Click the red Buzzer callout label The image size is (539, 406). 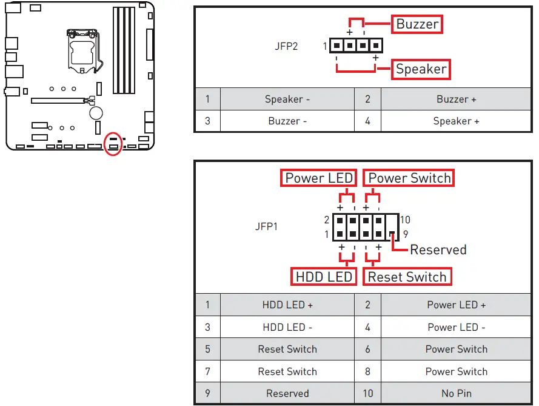pyautogui.click(x=417, y=24)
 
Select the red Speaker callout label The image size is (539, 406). pyautogui.click(x=421, y=69)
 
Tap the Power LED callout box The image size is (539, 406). pyautogui.click(x=319, y=178)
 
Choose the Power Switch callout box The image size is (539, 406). pyautogui.click(x=409, y=178)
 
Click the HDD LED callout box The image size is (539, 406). pyautogui.click(x=323, y=277)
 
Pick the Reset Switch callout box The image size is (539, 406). pyautogui.click(x=407, y=277)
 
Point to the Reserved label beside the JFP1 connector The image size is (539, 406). pyautogui.click(x=438, y=249)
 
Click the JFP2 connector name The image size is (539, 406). pyautogui.click(x=286, y=46)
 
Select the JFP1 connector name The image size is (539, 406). pyautogui.click(x=267, y=227)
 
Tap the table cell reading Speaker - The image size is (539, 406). pyautogui.click(x=287, y=99)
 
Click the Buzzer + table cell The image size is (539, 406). pyautogui.click(x=456, y=99)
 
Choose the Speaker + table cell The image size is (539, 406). pyautogui.click(x=456, y=121)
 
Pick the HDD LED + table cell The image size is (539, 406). pyautogui.click(x=287, y=305)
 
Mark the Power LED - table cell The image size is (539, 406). pyautogui.click(x=456, y=327)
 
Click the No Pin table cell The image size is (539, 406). pyautogui.click(x=456, y=393)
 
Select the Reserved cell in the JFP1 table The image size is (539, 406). pyautogui.click(x=287, y=393)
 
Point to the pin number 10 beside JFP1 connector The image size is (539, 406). pyautogui.click(x=405, y=220)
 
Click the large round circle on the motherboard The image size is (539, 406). pyautogui.click(x=96, y=112)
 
